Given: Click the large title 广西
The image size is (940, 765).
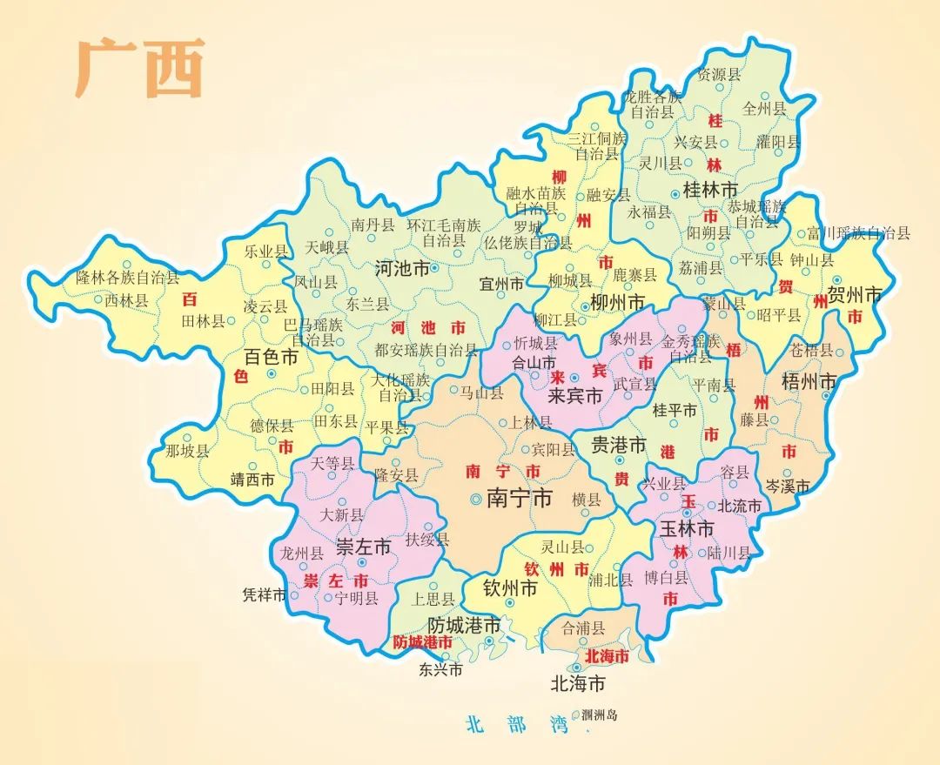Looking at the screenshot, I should click(139, 68).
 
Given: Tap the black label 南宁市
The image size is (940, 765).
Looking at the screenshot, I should click(520, 499).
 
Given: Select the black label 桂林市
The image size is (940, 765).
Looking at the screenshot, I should click(710, 189).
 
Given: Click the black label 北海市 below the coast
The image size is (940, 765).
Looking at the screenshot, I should click(578, 683).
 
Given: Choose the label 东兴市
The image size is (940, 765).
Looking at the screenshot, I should click(440, 669).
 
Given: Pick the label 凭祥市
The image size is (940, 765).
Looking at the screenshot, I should click(265, 596).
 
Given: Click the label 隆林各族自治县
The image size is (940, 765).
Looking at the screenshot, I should click(127, 278).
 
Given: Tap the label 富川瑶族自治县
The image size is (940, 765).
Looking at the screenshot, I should click(858, 233).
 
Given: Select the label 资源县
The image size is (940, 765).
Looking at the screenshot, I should click(719, 75).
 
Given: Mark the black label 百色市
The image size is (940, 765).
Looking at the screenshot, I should click(272, 357).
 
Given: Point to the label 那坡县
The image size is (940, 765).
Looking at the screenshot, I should click(187, 451).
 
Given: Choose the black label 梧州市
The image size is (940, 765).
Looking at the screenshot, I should click(809, 381).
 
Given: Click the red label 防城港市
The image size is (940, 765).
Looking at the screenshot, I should click(423, 641).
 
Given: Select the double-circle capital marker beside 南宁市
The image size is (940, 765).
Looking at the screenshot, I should click(475, 500).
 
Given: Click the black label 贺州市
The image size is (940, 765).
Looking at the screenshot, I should click(854, 293).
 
